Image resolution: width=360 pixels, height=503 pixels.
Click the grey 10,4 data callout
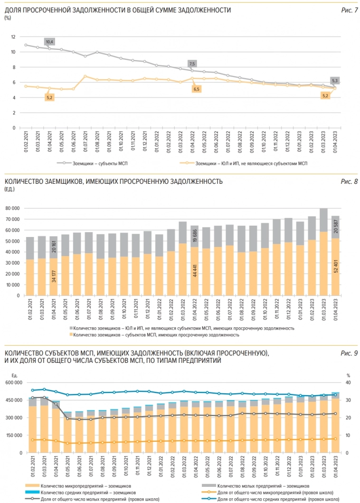pyautogui.click(x=49, y=42)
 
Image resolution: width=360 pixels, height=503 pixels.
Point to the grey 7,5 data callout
pyautogui.click(x=192, y=64)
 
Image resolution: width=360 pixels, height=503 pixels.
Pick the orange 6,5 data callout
pyautogui.click(x=196, y=89)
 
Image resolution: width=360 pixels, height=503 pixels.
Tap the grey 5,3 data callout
pyautogui.click(x=335, y=80)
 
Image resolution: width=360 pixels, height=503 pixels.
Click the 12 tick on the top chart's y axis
pyautogui.click(x=13, y=37)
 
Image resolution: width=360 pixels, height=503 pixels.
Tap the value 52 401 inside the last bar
pyautogui.click(x=335, y=272)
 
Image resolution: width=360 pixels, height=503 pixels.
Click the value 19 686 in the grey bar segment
pyautogui.click(x=195, y=236)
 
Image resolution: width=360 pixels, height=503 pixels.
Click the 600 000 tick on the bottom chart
pyautogui.click(x=13, y=383)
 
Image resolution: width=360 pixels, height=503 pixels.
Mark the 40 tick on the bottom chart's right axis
pyautogui.click(x=348, y=383)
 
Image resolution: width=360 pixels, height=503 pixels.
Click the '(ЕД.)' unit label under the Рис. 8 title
pyautogui.click(x=9, y=189)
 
